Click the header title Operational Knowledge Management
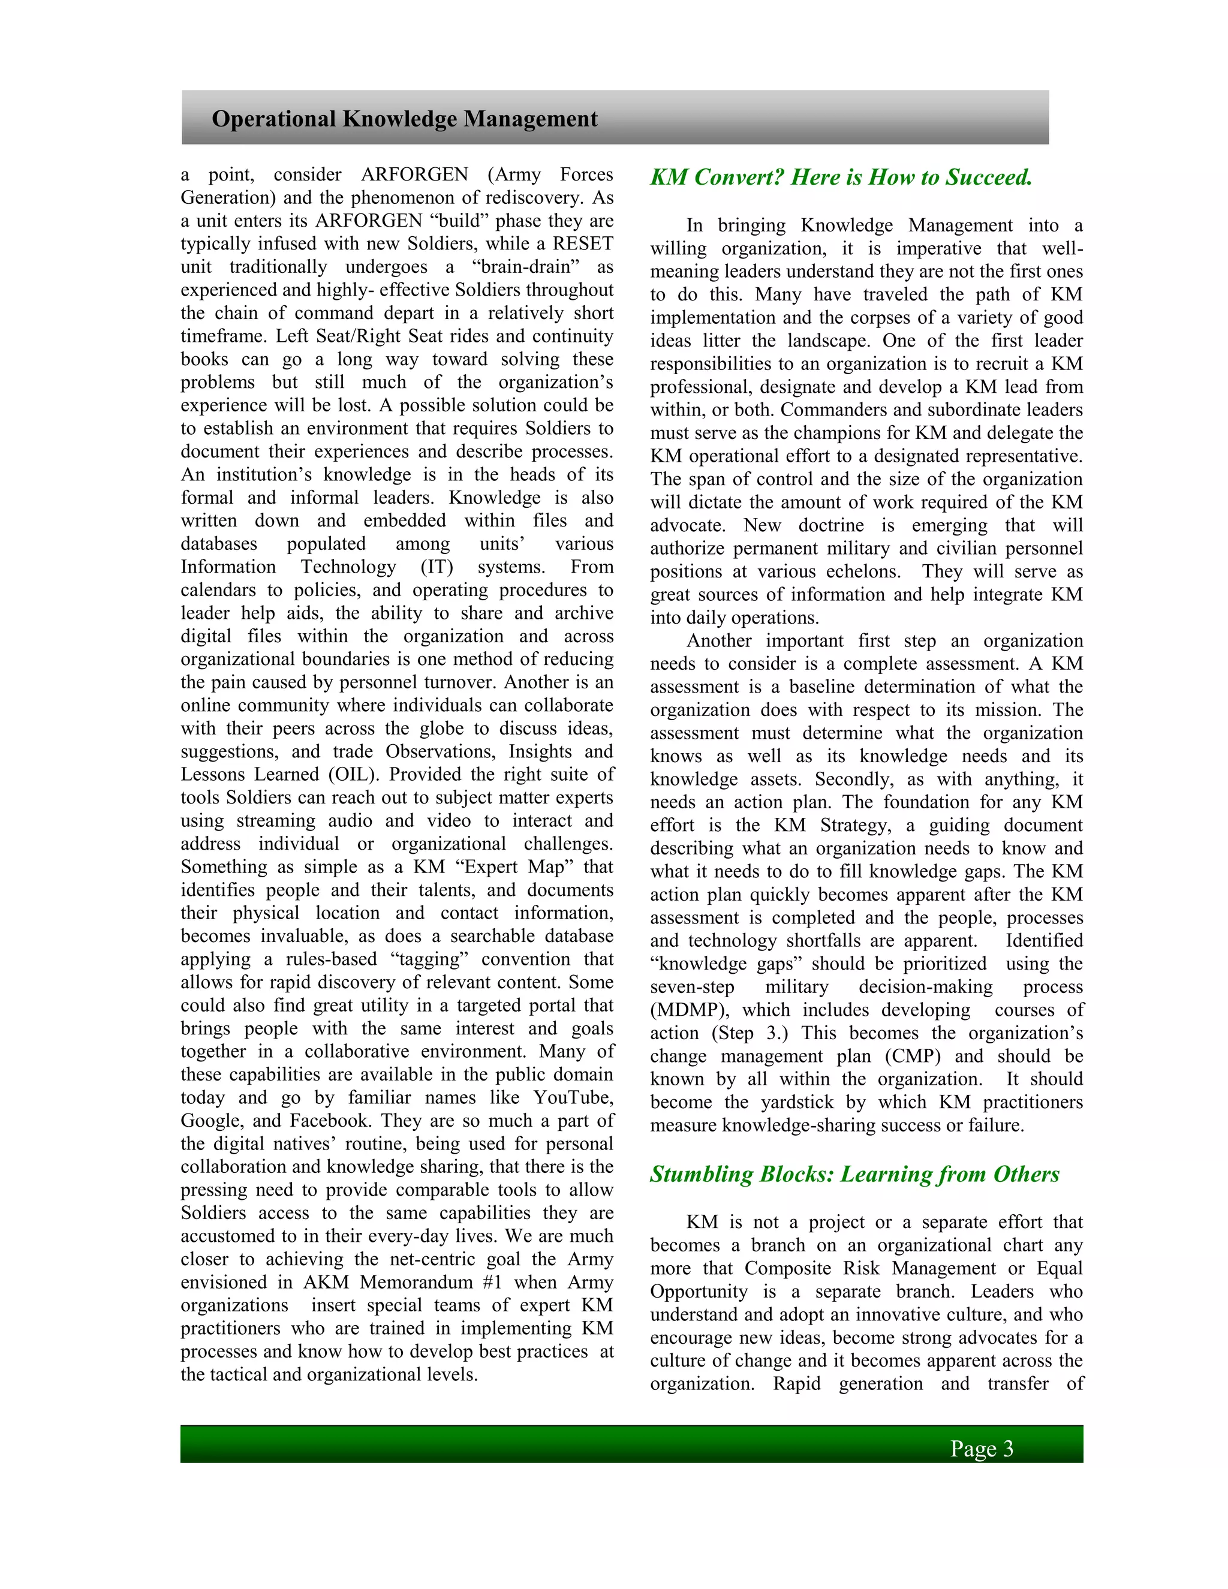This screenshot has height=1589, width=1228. point(405,119)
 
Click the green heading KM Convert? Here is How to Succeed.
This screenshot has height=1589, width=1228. point(841,177)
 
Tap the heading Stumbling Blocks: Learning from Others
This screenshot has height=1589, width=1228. point(854,1174)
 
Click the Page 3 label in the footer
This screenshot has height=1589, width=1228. point(982,1449)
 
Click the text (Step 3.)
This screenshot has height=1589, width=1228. point(754,1033)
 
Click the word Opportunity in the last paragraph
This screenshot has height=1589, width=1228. point(699,1292)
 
